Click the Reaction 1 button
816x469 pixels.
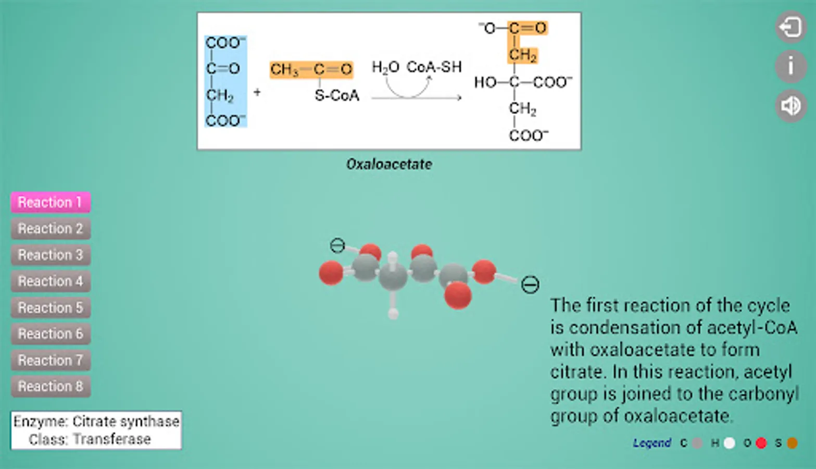[51, 202]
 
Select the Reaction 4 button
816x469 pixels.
[51, 281]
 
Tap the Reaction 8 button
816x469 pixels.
[51, 386]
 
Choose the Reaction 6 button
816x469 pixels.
[51, 334]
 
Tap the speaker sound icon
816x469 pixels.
[791, 106]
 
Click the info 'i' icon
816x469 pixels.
[791, 66]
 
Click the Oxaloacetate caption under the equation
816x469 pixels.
[389, 164]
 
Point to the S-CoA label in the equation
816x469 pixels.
[337, 95]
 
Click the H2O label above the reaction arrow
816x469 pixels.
[385, 67]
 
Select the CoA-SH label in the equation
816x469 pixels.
[434, 67]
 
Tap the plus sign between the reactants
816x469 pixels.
[257, 92]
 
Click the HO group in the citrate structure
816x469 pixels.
[485, 82]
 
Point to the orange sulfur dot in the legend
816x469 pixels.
[793, 443]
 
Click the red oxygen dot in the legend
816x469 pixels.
[761, 443]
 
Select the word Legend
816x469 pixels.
[652, 443]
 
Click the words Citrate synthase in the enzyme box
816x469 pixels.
[125, 422]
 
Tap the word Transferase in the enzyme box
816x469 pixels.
[112, 439]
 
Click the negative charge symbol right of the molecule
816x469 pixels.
[530, 285]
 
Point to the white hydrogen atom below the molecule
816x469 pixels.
[393, 313]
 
